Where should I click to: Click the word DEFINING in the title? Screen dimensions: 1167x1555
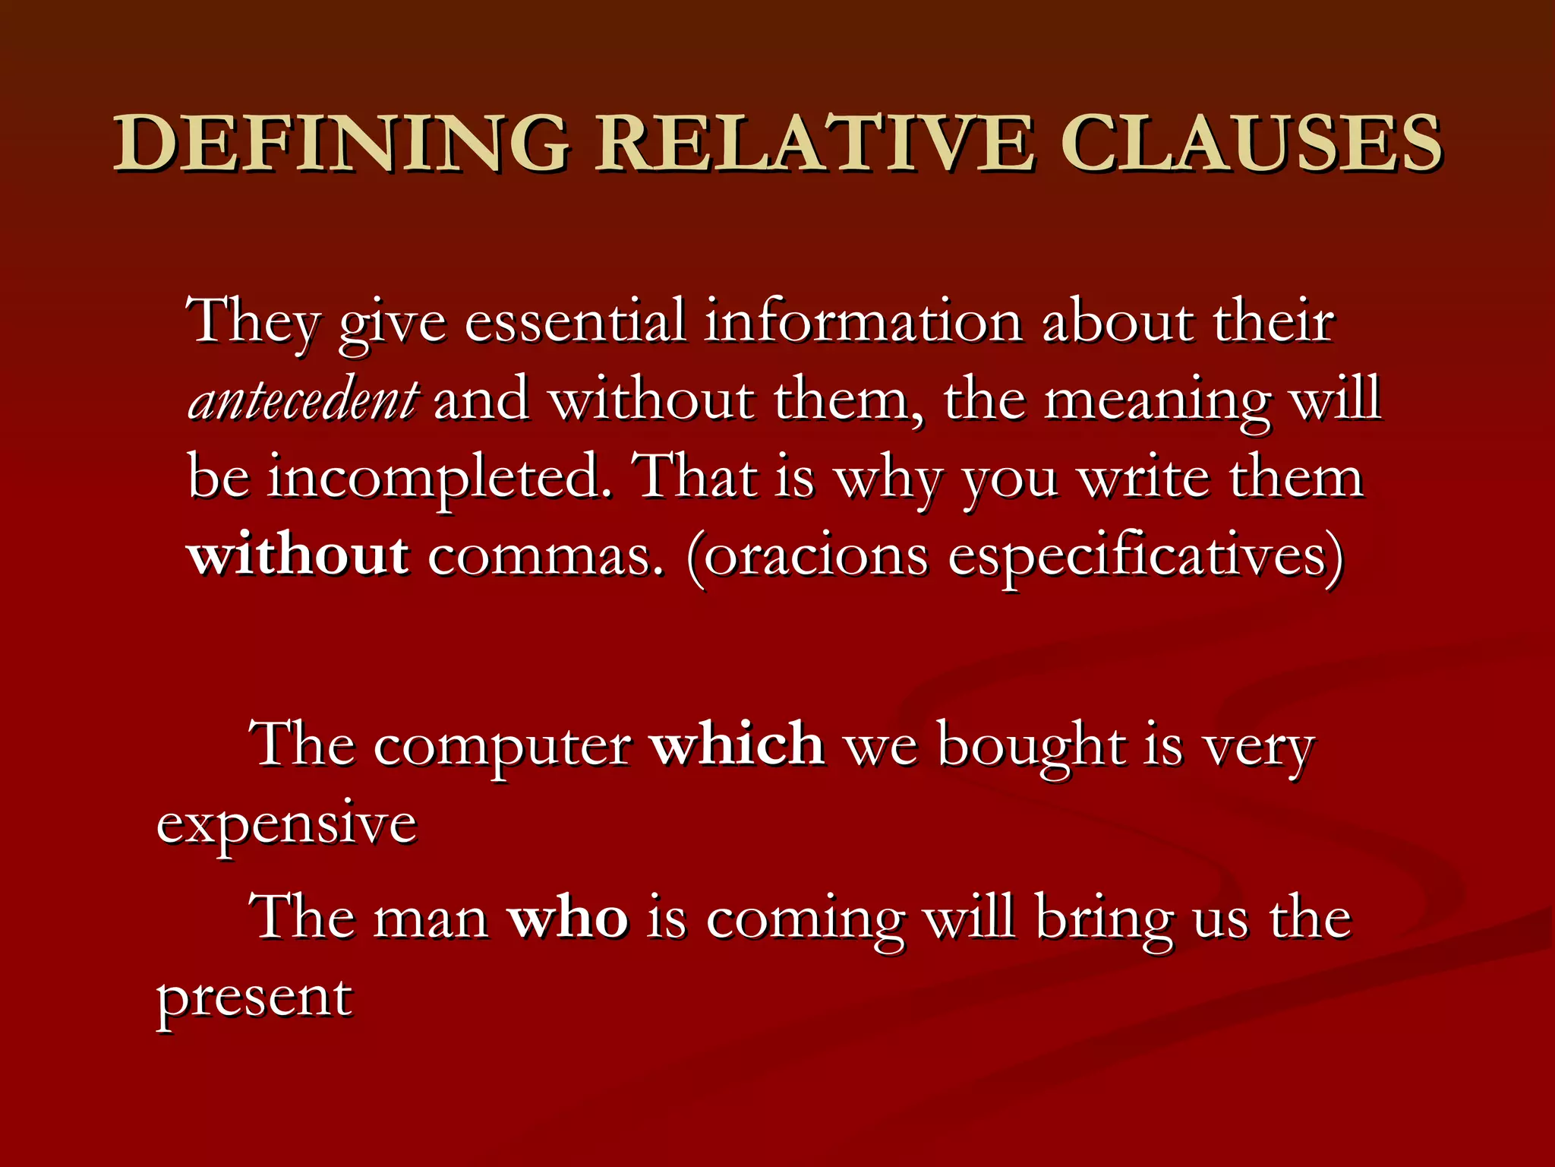click(x=340, y=143)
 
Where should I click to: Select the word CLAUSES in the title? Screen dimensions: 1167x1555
click(x=1251, y=143)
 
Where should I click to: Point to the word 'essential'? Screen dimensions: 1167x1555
click(x=575, y=321)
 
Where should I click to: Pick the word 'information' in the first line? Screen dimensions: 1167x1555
click(x=863, y=321)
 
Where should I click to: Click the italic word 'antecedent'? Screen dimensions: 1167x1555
click(x=302, y=400)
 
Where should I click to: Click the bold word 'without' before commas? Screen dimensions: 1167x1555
click(x=298, y=555)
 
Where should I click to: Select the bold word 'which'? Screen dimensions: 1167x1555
click(x=737, y=744)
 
